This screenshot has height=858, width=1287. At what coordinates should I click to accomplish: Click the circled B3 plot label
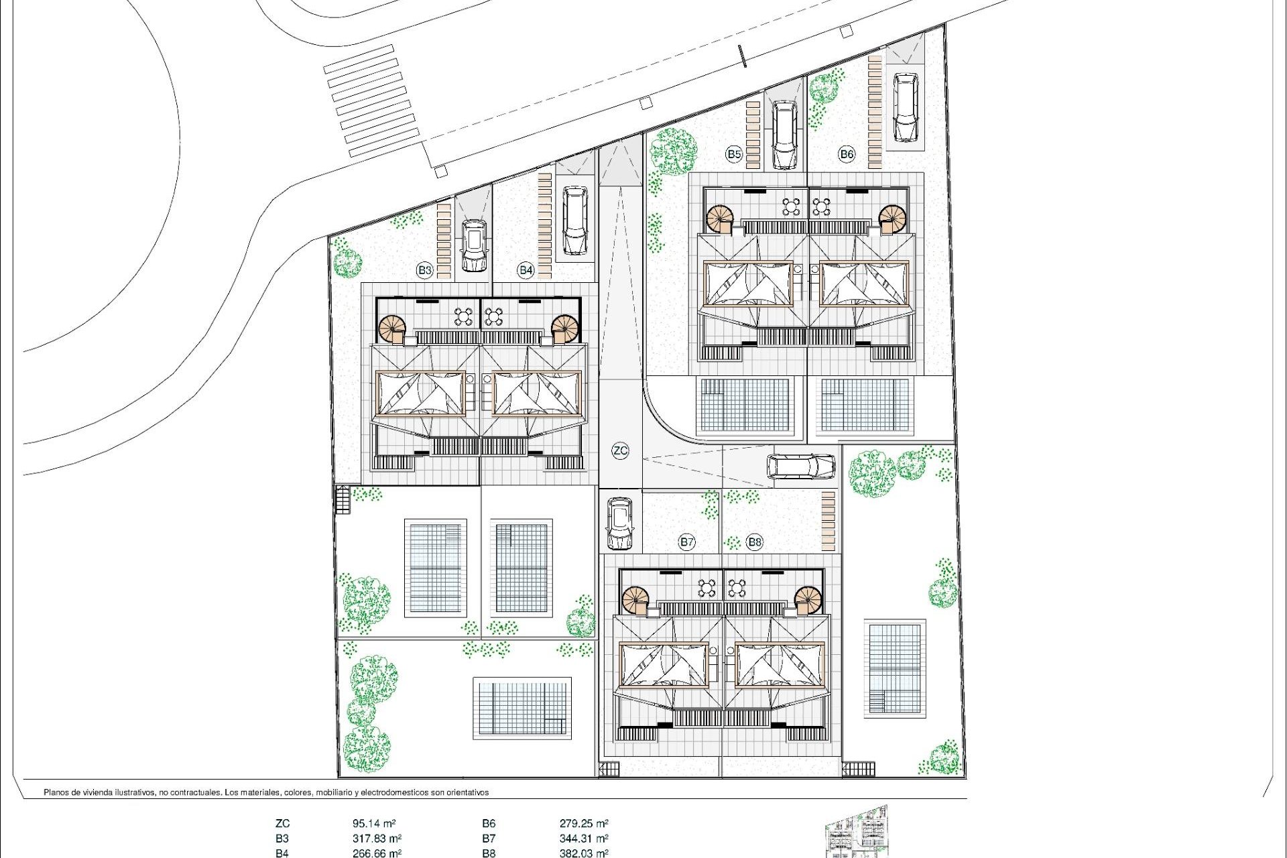pos(424,270)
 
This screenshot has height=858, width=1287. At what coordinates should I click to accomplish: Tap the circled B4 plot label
pos(526,270)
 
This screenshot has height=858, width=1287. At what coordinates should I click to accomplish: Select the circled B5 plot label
pos(734,154)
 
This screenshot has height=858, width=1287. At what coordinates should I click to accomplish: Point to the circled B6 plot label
pos(847,154)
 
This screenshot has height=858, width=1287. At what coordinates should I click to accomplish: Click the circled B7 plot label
pos(686,542)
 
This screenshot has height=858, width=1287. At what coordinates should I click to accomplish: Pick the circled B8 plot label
pos(755,542)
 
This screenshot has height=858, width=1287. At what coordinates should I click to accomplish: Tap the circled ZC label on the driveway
pos(620,450)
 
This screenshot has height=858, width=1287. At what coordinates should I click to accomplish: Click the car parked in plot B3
pos(474,245)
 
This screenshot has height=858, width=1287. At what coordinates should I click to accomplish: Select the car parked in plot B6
pos(905,107)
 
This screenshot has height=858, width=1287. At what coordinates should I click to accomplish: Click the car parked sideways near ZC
pos(800,467)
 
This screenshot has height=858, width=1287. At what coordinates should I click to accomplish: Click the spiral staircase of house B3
pos(392,329)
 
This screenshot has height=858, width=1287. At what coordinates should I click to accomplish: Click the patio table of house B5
pos(792,206)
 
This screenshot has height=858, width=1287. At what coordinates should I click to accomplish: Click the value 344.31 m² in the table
pos(583,838)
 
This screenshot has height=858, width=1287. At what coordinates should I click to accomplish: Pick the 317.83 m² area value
pos(377,838)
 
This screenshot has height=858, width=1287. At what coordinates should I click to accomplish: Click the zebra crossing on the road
pos(372,101)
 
